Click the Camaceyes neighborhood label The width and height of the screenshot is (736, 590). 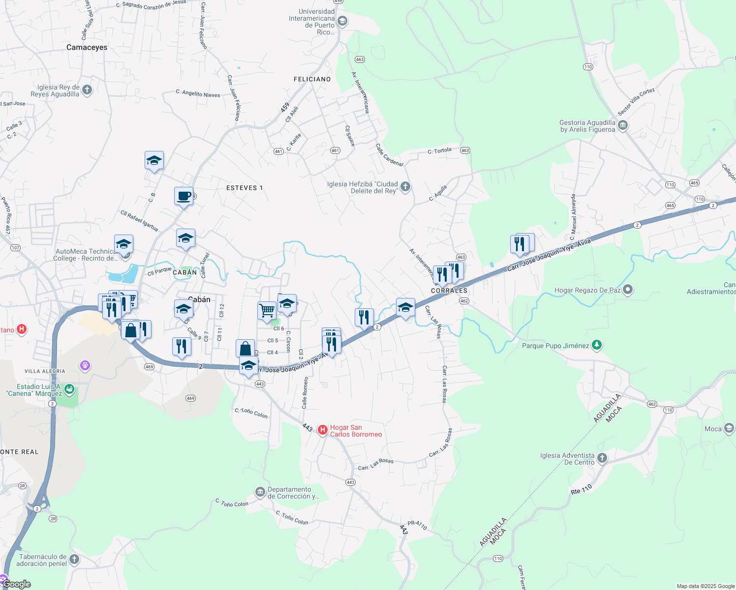click(87, 48)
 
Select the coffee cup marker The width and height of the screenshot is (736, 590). click(184, 196)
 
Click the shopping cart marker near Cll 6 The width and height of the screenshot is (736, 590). click(267, 311)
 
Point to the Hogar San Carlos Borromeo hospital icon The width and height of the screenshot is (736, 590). click(323, 430)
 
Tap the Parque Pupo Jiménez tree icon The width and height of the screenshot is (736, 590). click(596, 345)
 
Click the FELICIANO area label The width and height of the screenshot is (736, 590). click(312, 79)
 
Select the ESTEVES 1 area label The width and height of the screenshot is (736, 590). click(245, 188)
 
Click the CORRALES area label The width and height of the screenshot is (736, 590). click(449, 291)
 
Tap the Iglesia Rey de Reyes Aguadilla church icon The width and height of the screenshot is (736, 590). click(87, 90)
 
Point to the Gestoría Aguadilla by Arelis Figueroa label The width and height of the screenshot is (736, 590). click(587, 126)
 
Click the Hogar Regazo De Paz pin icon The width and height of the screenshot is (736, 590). click(627, 290)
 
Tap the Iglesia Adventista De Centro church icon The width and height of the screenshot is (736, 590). click(602, 458)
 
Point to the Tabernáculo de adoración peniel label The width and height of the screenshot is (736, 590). click(42, 560)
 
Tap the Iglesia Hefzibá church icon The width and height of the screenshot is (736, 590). click(405, 186)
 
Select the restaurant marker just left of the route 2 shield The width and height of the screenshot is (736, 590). click(364, 317)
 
